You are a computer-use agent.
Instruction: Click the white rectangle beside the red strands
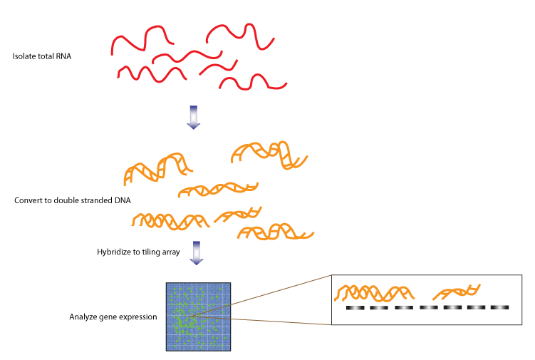click(x=116, y=81)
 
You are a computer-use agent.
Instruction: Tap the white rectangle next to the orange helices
click(x=135, y=230)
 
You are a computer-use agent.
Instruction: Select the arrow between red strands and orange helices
click(x=193, y=117)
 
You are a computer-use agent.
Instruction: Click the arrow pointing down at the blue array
click(x=197, y=252)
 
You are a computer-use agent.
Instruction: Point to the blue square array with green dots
click(x=198, y=317)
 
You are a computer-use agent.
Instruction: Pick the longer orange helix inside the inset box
click(x=374, y=292)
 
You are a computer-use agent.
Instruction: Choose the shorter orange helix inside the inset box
click(x=457, y=291)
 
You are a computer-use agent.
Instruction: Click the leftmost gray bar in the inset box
click(x=355, y=308)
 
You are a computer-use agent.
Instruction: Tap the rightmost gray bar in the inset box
click(x=497, y=307)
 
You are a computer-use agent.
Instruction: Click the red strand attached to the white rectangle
click(x=152, y=73)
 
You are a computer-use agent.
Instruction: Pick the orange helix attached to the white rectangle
click(x=170, y=221)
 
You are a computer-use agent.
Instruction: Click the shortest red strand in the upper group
click(x=219, y=67)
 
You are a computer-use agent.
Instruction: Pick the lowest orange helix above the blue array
click(x=276, y=232)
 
